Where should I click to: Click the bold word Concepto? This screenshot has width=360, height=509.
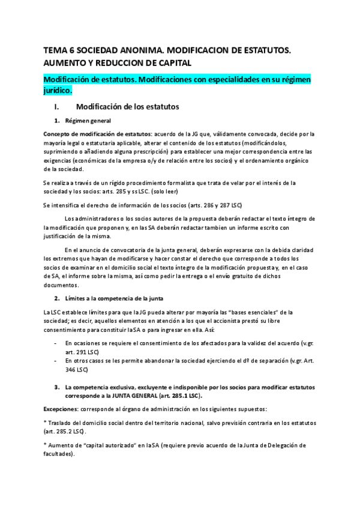coord(60,134)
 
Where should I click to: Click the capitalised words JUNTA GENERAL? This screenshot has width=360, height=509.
coord(128,396)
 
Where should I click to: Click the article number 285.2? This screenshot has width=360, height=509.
coord(64,432)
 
